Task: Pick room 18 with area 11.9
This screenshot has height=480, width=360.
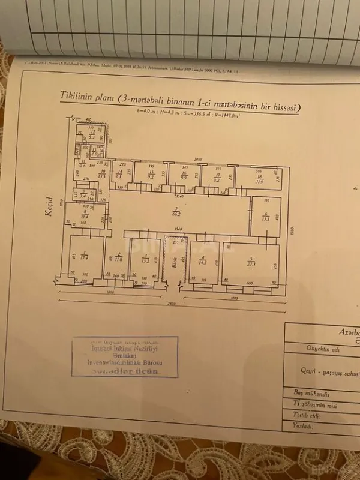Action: tap(259, 179)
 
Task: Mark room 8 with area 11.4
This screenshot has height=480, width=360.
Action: tap(85, 214)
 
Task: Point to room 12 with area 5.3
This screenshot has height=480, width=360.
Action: tap(92, 136)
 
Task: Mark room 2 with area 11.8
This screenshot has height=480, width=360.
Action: tap(119, 257)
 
